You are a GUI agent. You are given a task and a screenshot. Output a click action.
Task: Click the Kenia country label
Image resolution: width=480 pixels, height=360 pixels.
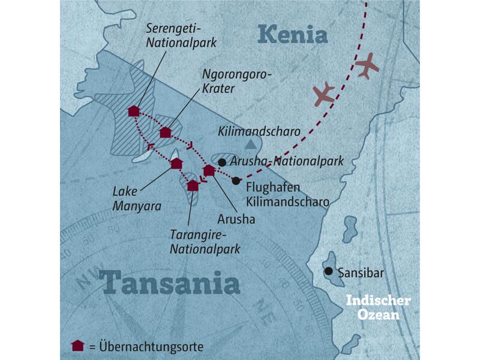(x=293, y=35)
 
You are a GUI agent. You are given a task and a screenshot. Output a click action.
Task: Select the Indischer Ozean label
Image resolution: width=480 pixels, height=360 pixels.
(x=377, y=307)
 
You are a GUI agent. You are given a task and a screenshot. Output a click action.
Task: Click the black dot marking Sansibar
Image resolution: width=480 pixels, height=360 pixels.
(x=328, y=271)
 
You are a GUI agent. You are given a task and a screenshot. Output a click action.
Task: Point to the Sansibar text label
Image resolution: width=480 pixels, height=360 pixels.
(x=361, y=273)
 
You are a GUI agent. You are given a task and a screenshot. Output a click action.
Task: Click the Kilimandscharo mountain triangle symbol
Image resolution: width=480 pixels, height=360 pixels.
(x=250, y=144)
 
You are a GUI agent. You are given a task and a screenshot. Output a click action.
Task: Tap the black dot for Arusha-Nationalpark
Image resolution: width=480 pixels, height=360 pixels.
(x=222, y=162)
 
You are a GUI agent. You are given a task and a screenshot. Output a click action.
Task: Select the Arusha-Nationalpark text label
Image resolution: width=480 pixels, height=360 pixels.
(x=287, y=161)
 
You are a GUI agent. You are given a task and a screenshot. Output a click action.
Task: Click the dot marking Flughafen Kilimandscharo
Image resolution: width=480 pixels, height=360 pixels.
(x=236, y=181)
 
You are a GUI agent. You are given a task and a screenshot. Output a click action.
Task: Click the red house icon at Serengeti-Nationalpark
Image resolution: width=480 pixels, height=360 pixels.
(x=134, y=111)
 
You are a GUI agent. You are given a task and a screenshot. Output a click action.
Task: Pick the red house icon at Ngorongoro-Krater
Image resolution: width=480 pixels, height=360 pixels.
(x=166, y=133)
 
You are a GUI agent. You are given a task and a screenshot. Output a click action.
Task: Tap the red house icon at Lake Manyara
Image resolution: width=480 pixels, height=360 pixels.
(x=176, y=164)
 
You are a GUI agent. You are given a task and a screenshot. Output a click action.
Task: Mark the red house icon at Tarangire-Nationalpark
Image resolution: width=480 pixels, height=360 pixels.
(x=193, y=185)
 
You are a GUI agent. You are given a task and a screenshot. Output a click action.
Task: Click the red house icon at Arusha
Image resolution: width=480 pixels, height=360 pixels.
(x=209, y=171)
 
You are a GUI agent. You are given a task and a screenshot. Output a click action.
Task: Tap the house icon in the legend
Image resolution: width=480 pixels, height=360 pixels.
(x=77, y=346)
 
